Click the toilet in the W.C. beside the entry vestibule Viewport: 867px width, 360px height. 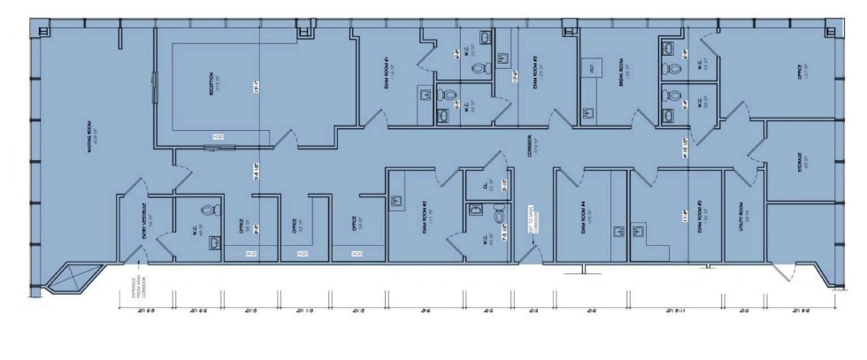211,212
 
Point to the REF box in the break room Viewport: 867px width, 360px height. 591,68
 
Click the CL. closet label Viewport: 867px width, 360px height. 485,185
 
